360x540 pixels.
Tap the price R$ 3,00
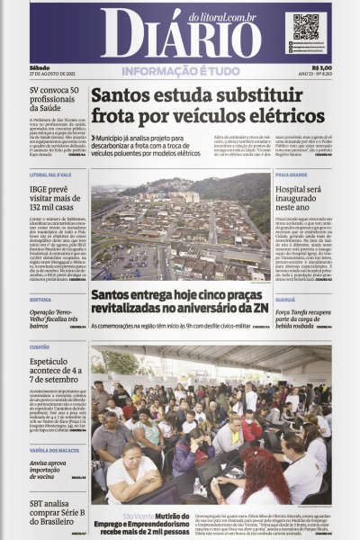pos(320,67)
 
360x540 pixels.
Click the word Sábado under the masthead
pos(39,67)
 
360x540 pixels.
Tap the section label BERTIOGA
pos(40,300)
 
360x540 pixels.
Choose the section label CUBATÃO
pos(39,346)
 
